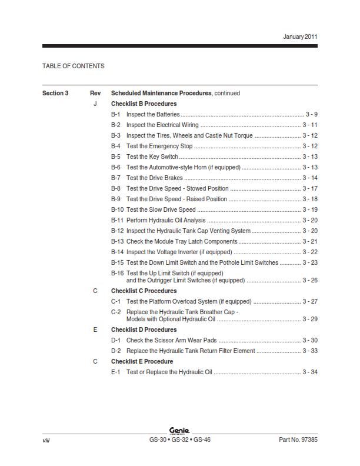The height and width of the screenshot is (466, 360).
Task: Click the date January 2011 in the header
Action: (300, 36)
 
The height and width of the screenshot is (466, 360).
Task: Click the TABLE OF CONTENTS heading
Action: (74, 66)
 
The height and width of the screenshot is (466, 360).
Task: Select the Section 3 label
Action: (55, 93)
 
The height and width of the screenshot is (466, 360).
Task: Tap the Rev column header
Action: (95, 93)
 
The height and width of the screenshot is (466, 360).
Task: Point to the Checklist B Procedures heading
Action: (144, 104)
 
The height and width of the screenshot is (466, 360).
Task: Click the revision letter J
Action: (95, 104)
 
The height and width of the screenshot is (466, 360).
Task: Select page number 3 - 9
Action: (311, 114)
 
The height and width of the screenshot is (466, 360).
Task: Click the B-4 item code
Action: (116, 146)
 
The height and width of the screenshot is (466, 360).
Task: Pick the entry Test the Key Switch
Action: (152, 157)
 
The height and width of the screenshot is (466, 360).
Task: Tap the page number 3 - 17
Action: (310, 188)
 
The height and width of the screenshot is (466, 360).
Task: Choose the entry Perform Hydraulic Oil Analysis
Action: (166, 220)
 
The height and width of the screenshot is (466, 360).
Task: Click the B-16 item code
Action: (117, 273)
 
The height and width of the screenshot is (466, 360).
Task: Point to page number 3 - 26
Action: (310, 281)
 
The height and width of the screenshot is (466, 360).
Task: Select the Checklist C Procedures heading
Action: (144, 291)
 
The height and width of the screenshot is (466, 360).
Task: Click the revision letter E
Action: (95, 330)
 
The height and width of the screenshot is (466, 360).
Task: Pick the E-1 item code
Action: (116, 372)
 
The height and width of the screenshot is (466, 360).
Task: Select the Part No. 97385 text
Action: (298, 440)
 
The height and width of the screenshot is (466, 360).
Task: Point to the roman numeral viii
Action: (46, 440)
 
